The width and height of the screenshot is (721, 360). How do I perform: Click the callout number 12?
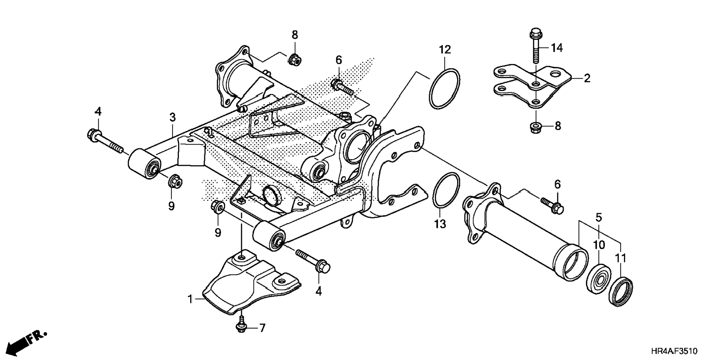click(444, 50)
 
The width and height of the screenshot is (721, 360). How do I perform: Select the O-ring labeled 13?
click(446, 189)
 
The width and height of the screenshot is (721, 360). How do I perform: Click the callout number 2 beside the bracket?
click(587, 78)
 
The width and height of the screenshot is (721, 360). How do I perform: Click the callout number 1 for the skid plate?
click(190, 299)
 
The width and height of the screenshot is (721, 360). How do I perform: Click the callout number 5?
click(598, 217)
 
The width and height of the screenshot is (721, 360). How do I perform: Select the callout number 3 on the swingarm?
click(172, 117)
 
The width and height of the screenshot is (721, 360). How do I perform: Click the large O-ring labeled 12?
click(444, 89)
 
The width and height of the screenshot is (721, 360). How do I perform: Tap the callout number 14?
click(557, 48)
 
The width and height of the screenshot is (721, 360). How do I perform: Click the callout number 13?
click(440, 224)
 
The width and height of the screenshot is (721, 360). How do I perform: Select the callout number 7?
click(262, 328)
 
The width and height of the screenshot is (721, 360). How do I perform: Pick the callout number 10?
click(599, 245)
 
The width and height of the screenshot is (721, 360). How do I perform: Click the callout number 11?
click(620, 258)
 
